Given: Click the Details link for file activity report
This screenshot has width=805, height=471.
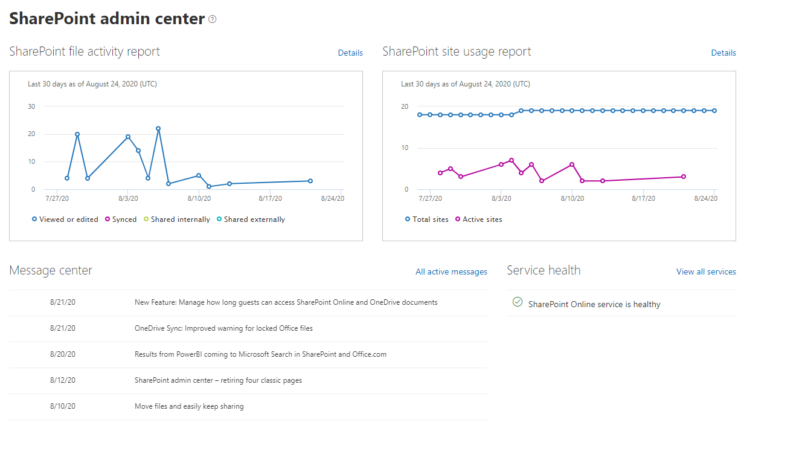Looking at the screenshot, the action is coord(350,53).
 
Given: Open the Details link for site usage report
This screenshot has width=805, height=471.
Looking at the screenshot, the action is coord(723,53).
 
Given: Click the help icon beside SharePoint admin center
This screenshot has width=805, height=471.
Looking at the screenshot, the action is coord(213,19).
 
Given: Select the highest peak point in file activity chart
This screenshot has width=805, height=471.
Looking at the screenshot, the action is coord(158,128).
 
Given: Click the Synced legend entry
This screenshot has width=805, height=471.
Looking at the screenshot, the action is coord(121,219).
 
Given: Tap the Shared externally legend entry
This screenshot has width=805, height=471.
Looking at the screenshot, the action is coord(251,219).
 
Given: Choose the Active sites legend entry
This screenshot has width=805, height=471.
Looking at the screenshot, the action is coord(479,219).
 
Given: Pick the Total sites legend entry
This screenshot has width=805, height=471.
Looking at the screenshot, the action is coord(427,219).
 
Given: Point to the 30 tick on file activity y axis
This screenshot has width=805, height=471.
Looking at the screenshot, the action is coord(31,106).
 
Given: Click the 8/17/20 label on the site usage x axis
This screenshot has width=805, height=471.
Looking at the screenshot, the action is coord(643,198).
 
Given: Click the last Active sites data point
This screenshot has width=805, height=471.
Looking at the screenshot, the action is coord(684,177).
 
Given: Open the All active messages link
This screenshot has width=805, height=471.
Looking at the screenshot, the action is coord(451,271).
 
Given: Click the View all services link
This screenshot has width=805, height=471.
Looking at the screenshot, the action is coord(706,271).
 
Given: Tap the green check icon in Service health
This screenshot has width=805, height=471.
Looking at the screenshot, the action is coord(518,302).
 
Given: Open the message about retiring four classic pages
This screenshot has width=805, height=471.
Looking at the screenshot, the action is coord(218,380).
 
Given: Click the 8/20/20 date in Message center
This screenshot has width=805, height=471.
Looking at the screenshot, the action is coord(63,354).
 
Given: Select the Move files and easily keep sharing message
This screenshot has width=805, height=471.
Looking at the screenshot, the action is coord(189,406).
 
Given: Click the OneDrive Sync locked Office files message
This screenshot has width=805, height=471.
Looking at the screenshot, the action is coord(223,328).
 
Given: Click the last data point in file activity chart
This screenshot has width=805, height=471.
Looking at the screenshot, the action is coord(310,181).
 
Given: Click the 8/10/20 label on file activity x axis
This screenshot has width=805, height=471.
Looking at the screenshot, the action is coord(199,198).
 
